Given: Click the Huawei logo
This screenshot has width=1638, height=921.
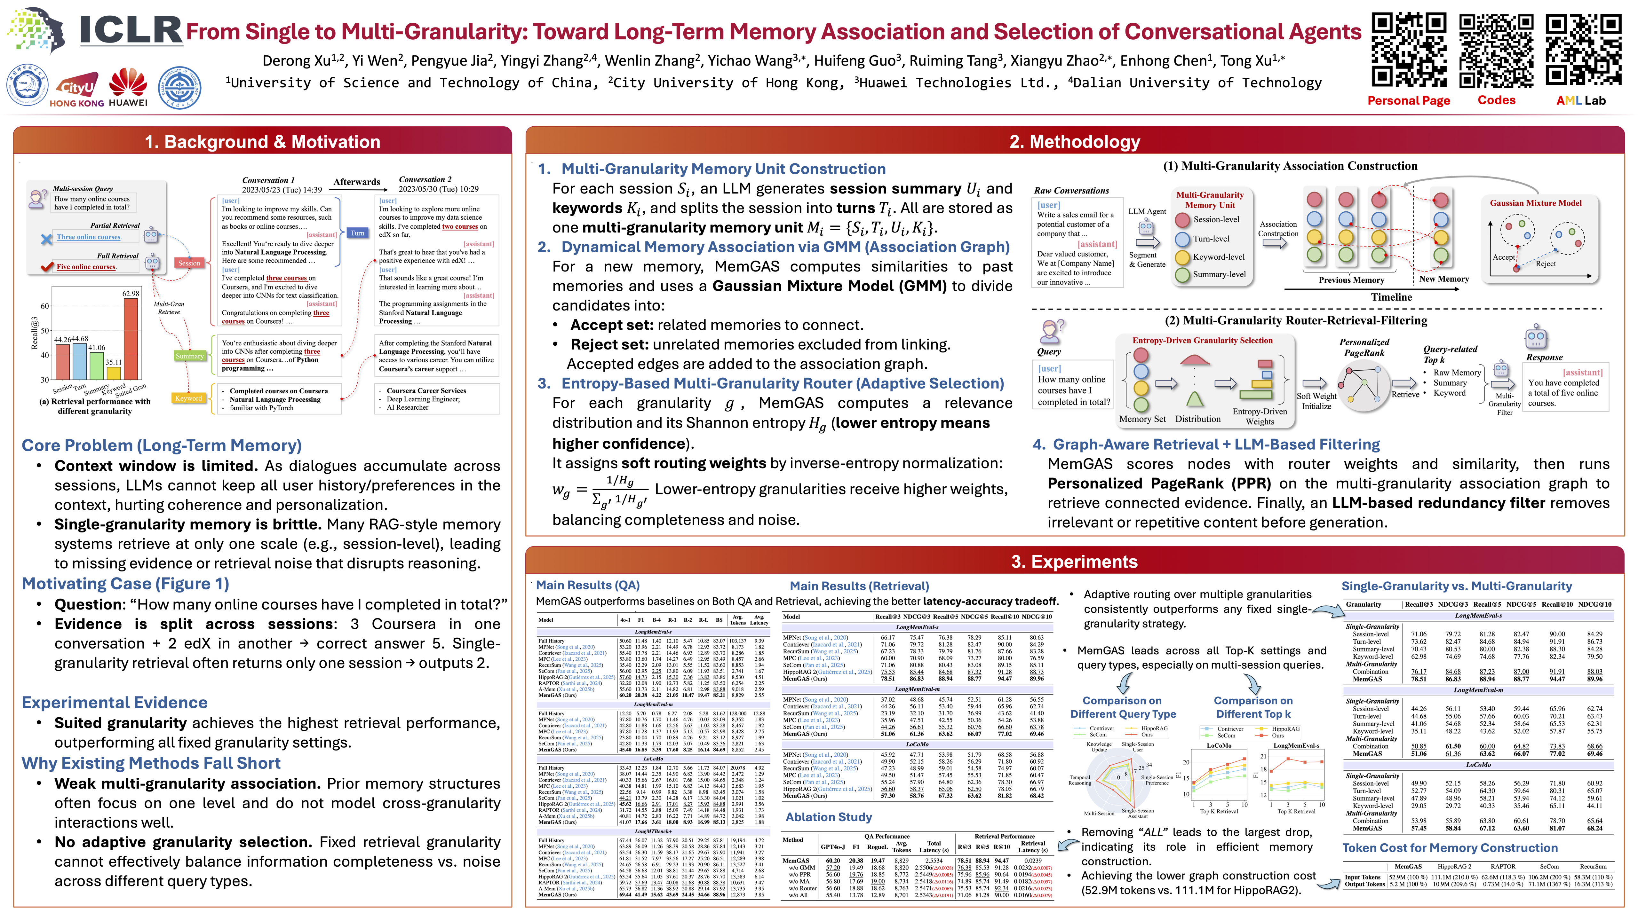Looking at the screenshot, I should (128, 87).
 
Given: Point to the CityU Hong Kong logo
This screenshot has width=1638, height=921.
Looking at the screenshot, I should (76, 92).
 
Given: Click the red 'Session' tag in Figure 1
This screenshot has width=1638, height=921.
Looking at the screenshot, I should (189, 263).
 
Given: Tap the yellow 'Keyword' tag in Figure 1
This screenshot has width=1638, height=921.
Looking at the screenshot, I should (188, 398).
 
